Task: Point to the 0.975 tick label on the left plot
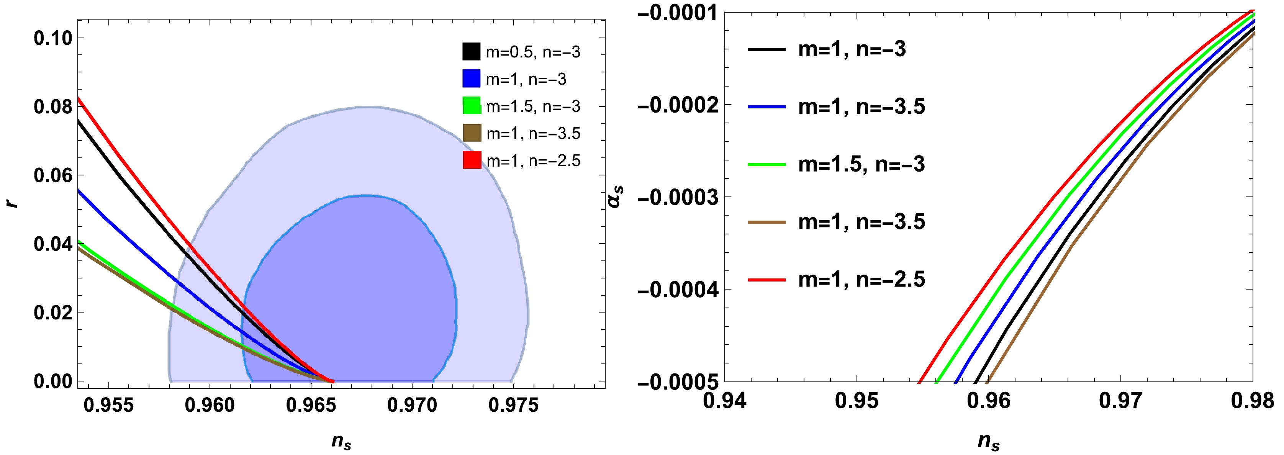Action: click(513, 405)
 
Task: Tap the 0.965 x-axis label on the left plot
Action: click(311, 405)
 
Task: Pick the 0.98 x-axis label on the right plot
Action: click(1252, 401)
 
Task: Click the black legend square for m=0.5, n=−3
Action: click(472, 51)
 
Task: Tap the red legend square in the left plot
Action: click(472, 160)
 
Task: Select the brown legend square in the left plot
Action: click(472, 133)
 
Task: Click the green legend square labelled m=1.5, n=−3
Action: click(472, 106)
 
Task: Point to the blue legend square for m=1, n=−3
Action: click(472, 79)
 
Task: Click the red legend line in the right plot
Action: click(766, 280)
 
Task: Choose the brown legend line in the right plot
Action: click(766, 222)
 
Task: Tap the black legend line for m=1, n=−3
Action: click(766, 49)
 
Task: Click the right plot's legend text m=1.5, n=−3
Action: click(861, 164)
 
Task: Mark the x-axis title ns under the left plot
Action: click(341, 441)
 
